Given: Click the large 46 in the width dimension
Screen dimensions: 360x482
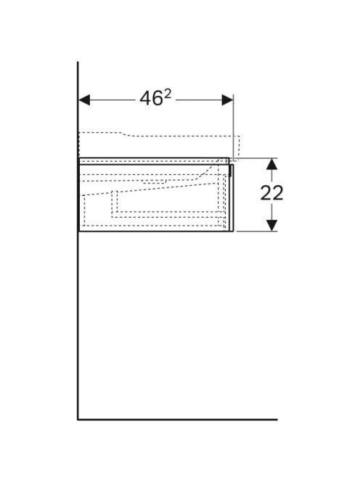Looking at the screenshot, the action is click(x=151, y=99).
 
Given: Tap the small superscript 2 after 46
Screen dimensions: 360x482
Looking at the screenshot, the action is click(x=167, y=94).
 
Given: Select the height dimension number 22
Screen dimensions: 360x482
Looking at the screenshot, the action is click(x=271, y=194).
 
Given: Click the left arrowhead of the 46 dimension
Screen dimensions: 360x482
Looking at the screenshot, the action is click(x=84, y=100).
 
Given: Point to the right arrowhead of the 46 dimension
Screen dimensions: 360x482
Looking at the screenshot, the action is click(x=227, y=100).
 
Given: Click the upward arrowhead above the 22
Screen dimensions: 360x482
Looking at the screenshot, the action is click(x=271, y=164).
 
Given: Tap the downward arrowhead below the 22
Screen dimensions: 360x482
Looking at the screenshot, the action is click(x=271, y=225).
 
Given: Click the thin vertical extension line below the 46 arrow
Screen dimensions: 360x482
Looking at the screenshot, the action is click(x=233, y=127).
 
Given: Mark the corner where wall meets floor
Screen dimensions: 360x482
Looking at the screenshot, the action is click(x=78, y=420).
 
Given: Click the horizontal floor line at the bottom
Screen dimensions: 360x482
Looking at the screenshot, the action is click(x=177, y=420).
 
